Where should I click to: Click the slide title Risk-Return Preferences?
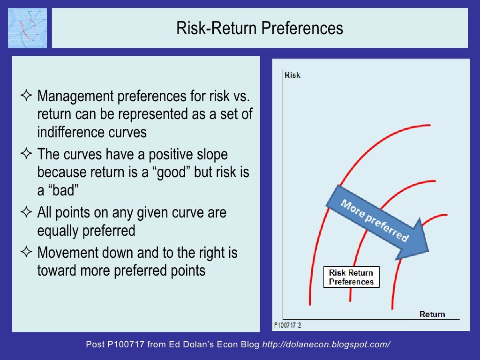[260, 28]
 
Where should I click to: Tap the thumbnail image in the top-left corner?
[27, 28]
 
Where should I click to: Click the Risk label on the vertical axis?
[292, 75]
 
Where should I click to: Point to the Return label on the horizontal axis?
[432, 314]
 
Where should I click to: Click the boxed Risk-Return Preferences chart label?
[351, 277]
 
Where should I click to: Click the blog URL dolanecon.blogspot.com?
[326, 345]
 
